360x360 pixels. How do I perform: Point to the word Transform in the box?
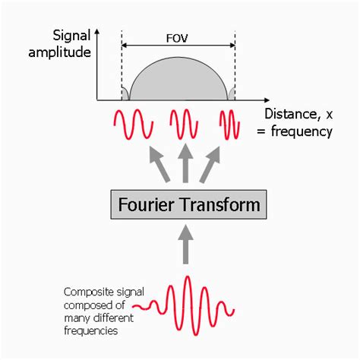(216, 205)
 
